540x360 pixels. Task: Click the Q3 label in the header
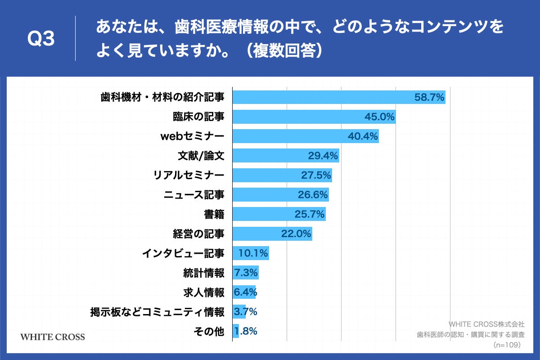point(41,39)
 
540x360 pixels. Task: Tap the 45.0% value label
point(379,117)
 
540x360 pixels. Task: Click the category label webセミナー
point(192,136)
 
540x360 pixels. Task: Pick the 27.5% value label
point(316,175)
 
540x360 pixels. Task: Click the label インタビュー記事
point(183,253)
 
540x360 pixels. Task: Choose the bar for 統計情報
point(246,273)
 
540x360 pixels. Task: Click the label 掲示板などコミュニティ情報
point(157,312)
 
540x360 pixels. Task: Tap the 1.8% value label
point(246,332)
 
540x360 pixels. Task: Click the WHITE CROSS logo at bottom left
point(53,337)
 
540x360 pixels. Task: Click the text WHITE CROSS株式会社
point(486,324)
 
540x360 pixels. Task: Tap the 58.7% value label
point(429,97)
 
